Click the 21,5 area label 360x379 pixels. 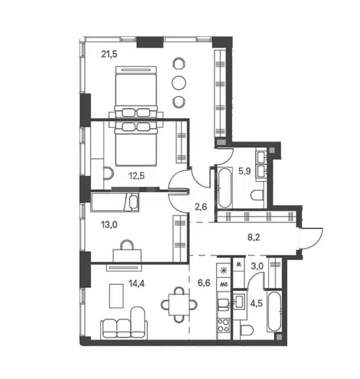(x=109, y=54)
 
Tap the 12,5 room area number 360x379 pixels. (x=137, y=176)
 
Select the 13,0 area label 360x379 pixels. (x=109, y=225)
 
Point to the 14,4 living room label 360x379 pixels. (x=137, y=283)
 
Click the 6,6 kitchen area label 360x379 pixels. (x=204, y=282)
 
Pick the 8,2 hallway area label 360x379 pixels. (x=253, y=237)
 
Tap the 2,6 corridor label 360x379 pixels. (x=201, y=207)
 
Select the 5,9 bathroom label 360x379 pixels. (x=245, y=171)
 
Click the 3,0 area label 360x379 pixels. (x=257, y=266)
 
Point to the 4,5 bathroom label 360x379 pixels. (x=256, y=303)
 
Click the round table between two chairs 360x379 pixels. (x=179, y=83)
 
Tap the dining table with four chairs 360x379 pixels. (x=179, y=304)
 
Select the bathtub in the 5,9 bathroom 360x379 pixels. (x=224, y=187)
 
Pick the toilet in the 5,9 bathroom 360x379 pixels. (x=258, y=195)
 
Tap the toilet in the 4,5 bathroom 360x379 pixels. (x=247, y=330)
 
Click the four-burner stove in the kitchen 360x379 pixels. (x=224, y=325)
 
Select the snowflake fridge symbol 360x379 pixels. (x=224, y=270)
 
